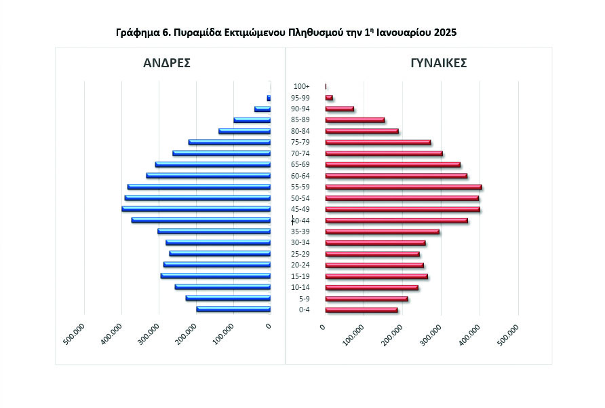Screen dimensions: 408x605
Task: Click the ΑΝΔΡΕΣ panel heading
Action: pyautogui.click(x=166, y=63)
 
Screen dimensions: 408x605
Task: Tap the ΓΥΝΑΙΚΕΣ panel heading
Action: pyautogui.click(x=438, y=63)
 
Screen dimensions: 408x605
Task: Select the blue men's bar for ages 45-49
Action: pyautogui.click(x=196, y=209)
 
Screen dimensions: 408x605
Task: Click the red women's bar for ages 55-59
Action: pyautogui.click(x=404, y=187)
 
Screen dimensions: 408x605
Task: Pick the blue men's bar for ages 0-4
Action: pyautogui.click(x=233, y=310)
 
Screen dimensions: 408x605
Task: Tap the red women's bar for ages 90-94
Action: pyautogui.click(x=339, y=109)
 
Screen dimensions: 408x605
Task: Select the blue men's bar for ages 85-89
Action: pyautogui.click(x=252, y=120)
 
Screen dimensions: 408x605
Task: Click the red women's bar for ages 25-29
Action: pyautogui.click(x=372, y=254)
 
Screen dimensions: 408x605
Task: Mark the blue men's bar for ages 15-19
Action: pyautogui.click(x=216, y=276)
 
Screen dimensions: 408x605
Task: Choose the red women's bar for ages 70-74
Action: pyautogui.click(x=384, y=153)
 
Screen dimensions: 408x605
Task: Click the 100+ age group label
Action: pyautogui.click(x=302, y=86)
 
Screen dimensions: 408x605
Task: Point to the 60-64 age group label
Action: pyautogui.click(x=300, y=176)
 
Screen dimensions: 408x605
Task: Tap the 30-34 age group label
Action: pyautogui.click(x=300, y=243)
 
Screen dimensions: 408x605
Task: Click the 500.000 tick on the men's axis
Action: pyautogui.click(x=75, y=334)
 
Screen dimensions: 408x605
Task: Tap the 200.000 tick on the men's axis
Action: pyautogui.click(x=187, y=334)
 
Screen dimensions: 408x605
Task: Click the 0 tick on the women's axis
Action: pyautogui.click(x=323, y=327)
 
